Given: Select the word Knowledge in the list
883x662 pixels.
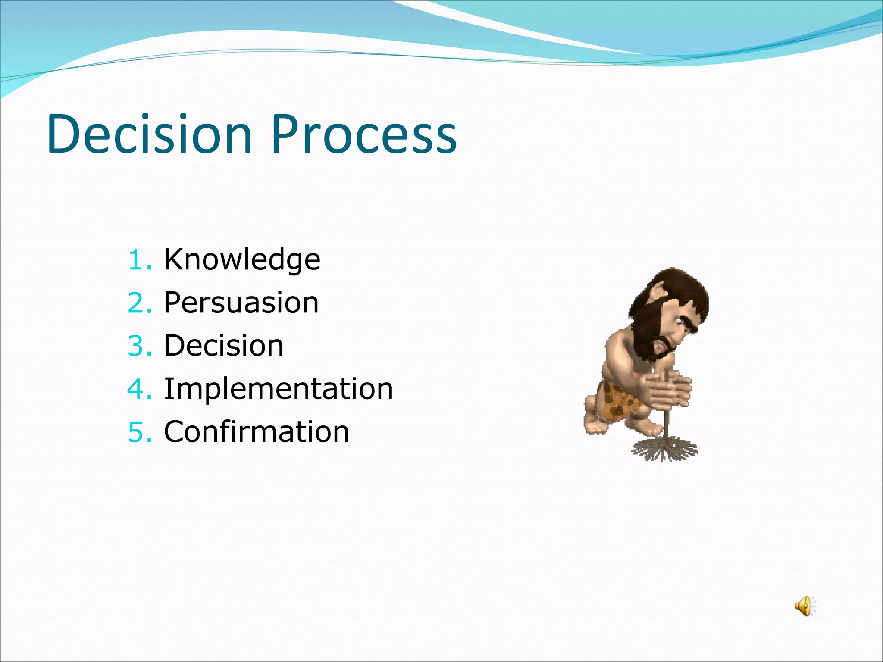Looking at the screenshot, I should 242,260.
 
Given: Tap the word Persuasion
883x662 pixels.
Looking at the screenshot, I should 241,303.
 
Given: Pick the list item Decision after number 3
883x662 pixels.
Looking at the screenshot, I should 223,346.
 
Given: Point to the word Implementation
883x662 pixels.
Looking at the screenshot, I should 278,389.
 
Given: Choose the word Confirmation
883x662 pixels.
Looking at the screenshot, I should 256,432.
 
